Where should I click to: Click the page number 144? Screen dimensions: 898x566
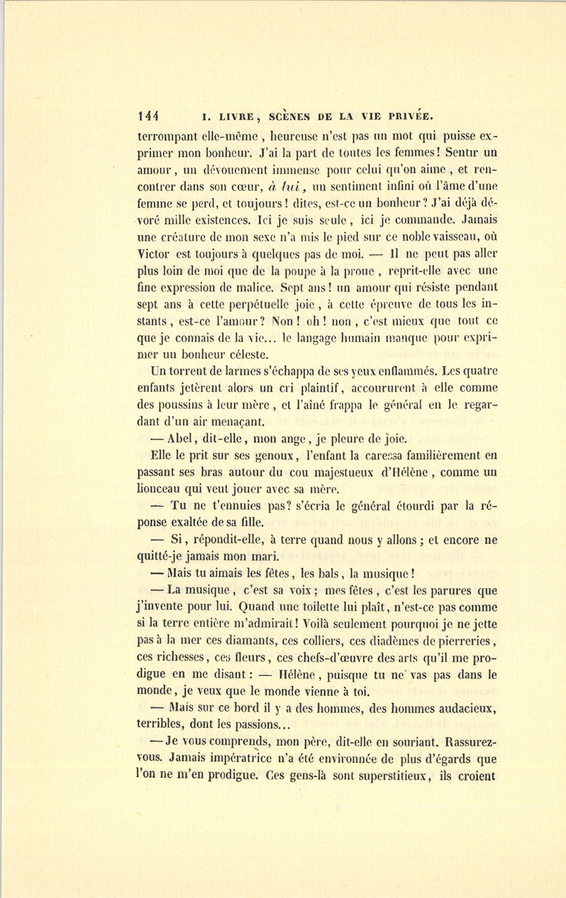coord(149,116)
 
